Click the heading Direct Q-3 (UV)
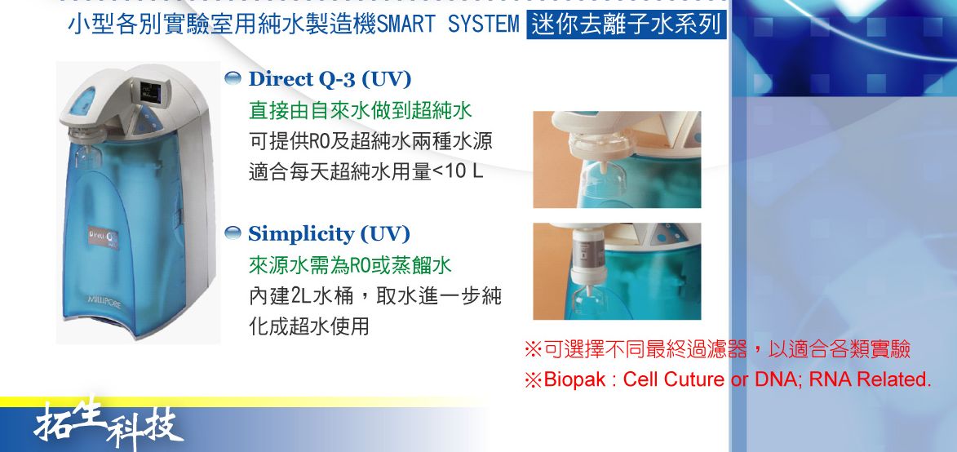click(330, 79)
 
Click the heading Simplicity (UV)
click(328, 234)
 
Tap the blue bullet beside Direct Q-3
click(233, 78)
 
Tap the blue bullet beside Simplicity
click(233, 233)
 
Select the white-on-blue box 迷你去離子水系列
click(627, 25)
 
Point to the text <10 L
click(458, 171)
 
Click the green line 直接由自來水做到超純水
click(360, 111)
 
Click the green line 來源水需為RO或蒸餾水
click(350, 265)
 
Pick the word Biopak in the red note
click(575, 380)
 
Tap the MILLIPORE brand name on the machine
click(104, 301)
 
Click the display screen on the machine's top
click(150, 93)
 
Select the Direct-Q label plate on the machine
click(103, 237)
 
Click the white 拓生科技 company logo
click(108, 423)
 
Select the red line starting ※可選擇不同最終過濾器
click(717, 349)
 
